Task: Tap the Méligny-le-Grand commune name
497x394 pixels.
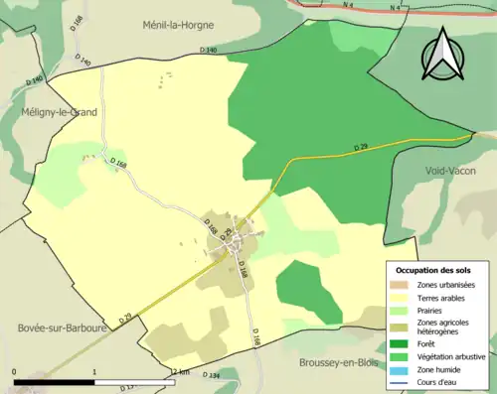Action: tap(60, 113)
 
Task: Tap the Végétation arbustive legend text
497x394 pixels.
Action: tap(453, 357)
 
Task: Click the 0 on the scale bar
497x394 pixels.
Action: tap(14, 372)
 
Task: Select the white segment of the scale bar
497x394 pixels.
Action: tap(134, 381)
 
